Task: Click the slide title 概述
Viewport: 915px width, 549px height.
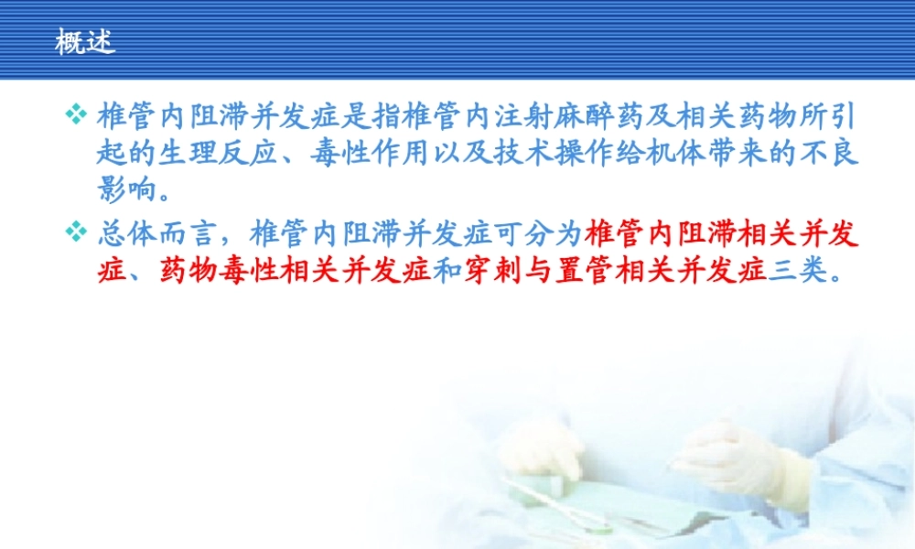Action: (x=85, y=42)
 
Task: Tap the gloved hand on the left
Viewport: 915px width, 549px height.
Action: (x=544, y=448)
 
